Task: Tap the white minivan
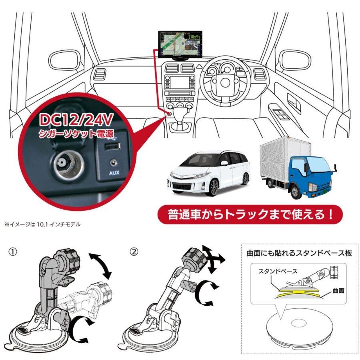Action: click(x=208, y=172)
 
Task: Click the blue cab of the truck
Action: click(x=308, y=176)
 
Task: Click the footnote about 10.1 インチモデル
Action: click(x=42, y=224)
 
